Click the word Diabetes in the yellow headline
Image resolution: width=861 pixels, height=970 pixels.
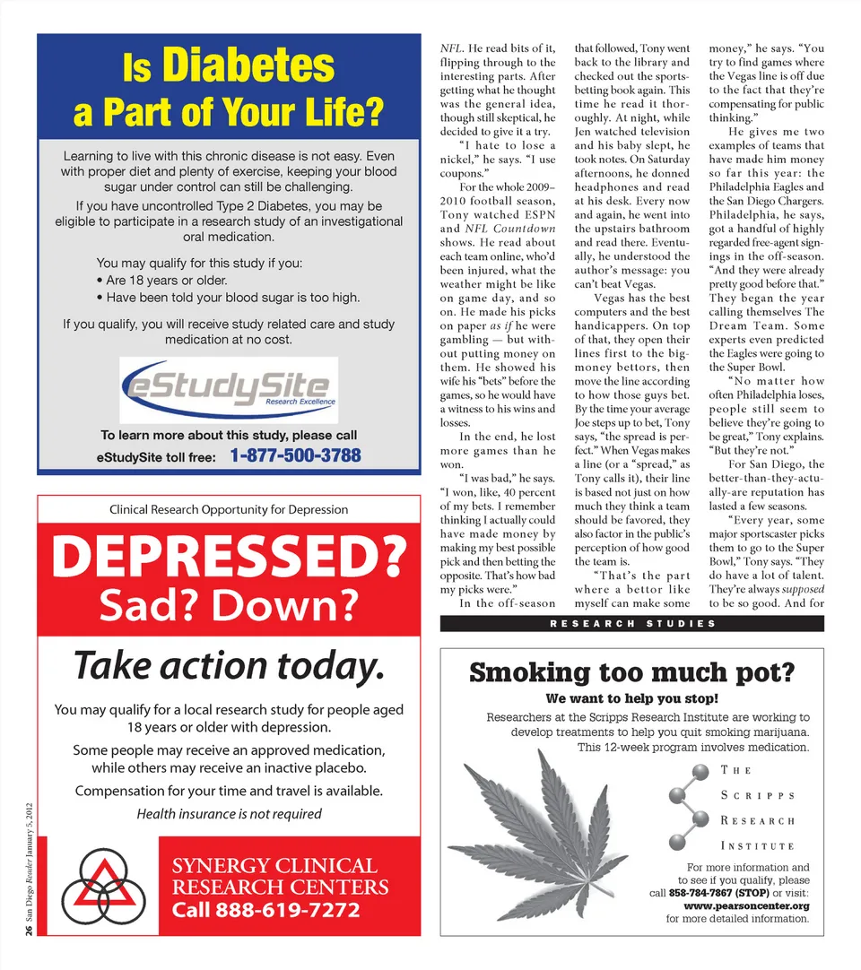[x=248, y=66]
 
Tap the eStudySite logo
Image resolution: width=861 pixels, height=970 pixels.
[x=229, y=387]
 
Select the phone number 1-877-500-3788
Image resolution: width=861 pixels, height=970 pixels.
[x=296, y=455]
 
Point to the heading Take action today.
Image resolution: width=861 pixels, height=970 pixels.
[x=229, y=665]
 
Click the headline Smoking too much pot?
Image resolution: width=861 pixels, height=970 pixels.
[x=632, y=672]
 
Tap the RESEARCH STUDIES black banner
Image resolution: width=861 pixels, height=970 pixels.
[x=632, y=623]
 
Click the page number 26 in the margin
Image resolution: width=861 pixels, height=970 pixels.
[x=30, y=932]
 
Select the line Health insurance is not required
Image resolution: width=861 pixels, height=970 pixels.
[x=229, y=814]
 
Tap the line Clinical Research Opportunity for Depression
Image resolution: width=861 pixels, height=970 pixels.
[x=229, y=509]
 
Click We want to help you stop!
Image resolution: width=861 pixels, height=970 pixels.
[x=632, y=698]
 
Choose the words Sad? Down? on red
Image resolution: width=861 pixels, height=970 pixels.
[x=229, y=606]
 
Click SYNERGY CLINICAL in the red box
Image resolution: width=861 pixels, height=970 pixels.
[x=274, y=866]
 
